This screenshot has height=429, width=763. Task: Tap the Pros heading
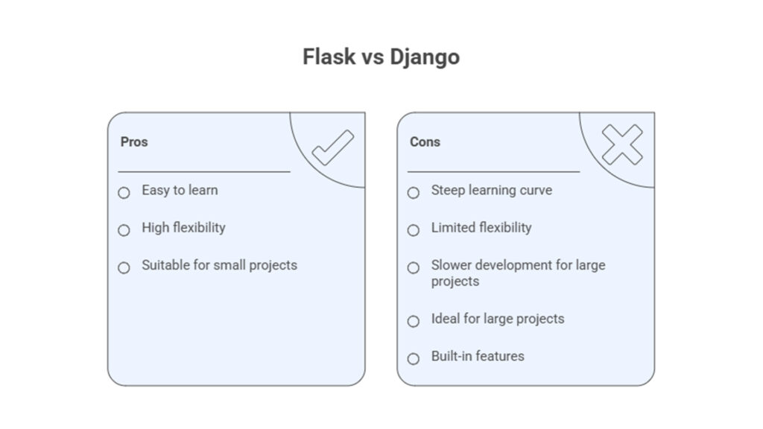pyautogui.click(x=134, y=142)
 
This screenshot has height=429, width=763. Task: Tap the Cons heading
pyautogui.click(x=425, y=142)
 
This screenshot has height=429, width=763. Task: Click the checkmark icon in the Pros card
pyautogui.click(x=333, y=147)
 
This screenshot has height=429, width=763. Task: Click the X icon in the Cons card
pyautogui.click(x=622, y=144)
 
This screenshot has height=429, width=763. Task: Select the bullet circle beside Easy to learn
pyautogui.click(x=124, y=193)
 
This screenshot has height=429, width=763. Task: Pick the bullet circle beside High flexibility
pyautogui.click(x=124, y=230)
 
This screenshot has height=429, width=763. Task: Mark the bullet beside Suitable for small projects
pyautogui.click(x=124, y=267)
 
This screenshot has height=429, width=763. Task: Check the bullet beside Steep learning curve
pyautogui.click(x=413, y=193)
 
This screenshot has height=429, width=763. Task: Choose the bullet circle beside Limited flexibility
pyautogui.click(x=413, y=230)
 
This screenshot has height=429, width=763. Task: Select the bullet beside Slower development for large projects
pyautogui.click(x=413, y=267)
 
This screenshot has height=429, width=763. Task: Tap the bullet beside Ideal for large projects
pyautogui.click(x=413, y=321)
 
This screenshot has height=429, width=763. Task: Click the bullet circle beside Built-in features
pyautogui.click(x=413, y=358)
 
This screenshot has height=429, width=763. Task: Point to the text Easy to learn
pyautogui.click(x=180, y=191)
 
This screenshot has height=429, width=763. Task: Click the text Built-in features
pyautogui.click(x=478, y=356)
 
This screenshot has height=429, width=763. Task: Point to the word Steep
pyautogui.click(x=448, y=191)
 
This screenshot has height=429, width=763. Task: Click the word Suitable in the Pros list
pyautogui.click(x=165, y=265)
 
